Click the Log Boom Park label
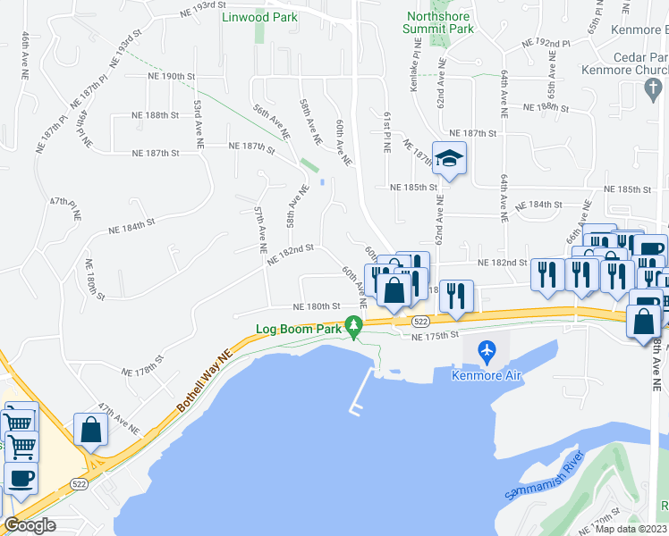(x=300, y=329)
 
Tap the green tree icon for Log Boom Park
(x=355, y=330)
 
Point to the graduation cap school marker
(x=449, y=158)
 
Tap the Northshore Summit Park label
(x=439, y=22)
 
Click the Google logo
(x=29, y=525)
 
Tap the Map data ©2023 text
(x=631, y=529)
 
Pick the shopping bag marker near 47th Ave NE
(x=90, y=429)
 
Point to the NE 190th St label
(x=172, y=77)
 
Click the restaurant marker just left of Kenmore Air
(x=456, y=296)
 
